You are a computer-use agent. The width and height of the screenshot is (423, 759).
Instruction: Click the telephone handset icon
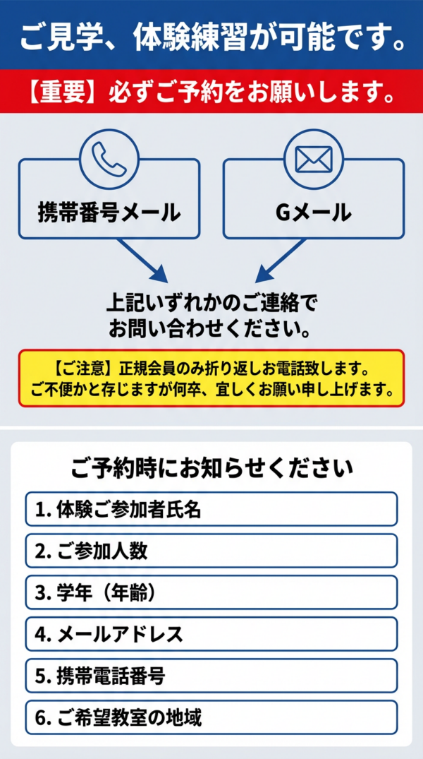pos(109,159)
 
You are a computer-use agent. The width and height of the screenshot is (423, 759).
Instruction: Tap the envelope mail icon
pos(313,159)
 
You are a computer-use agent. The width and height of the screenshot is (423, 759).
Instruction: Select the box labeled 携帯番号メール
pos(109,210)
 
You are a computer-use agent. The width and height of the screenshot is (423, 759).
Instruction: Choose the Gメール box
pos(313,210)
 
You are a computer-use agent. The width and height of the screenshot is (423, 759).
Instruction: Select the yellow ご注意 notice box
pos(211,378)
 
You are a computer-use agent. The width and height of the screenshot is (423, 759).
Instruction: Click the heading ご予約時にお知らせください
pos(211,467)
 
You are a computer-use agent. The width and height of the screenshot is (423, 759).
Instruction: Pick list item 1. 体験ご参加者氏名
pos(211,509)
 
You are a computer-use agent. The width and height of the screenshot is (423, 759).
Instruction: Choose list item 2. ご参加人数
pos(211,551)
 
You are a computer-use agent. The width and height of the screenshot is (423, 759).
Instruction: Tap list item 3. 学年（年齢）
pos(211,592)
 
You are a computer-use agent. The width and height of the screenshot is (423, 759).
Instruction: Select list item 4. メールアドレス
pos(211,634)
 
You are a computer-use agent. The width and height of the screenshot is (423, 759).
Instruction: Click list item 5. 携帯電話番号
pos(211,676)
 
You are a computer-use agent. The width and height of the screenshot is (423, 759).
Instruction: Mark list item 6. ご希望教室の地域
pos(211,718)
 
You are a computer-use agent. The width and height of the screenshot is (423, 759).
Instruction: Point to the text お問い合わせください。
pos(211,329)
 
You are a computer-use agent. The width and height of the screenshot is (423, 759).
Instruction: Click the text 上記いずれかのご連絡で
pos(211,304)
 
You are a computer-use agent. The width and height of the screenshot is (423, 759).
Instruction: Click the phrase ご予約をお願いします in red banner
pos(240,92)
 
